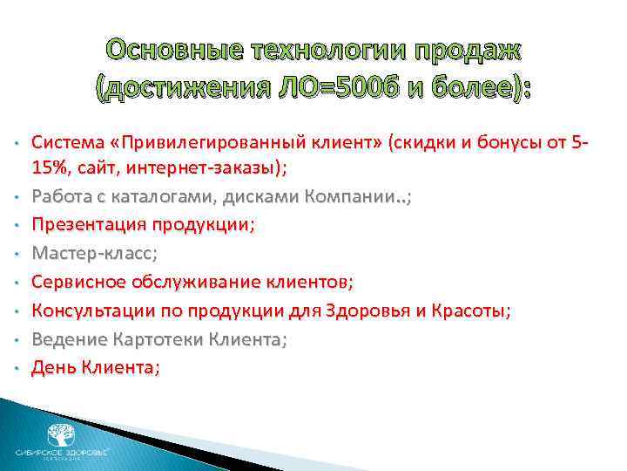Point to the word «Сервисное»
click(x=78, y=283)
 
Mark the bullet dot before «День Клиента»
click(x=17, y=370)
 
